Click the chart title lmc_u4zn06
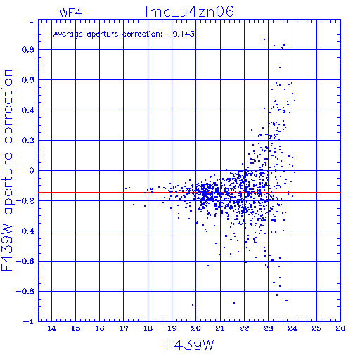click(189, 12)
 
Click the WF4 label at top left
click(70, 13)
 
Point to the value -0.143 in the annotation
click(181, 34)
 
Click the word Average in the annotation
click(68, 34)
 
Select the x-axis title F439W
click(190, 345)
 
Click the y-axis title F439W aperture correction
click(7, 170)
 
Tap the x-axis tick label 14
click(51, 328)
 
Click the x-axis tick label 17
click(124, 328)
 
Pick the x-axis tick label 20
click(196, 328)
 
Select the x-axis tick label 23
click(268, 328)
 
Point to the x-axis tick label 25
click(316, 328)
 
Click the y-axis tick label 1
click(32, 20)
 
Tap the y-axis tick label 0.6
click(28, 80)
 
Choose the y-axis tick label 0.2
click(28, 141)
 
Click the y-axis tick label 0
click(32, 171)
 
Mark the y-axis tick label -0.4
click(25, 231)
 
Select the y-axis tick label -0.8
click(25, 292)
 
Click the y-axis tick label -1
click(28, 321)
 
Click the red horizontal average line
click(189, 193)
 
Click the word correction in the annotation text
click(142, 34)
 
